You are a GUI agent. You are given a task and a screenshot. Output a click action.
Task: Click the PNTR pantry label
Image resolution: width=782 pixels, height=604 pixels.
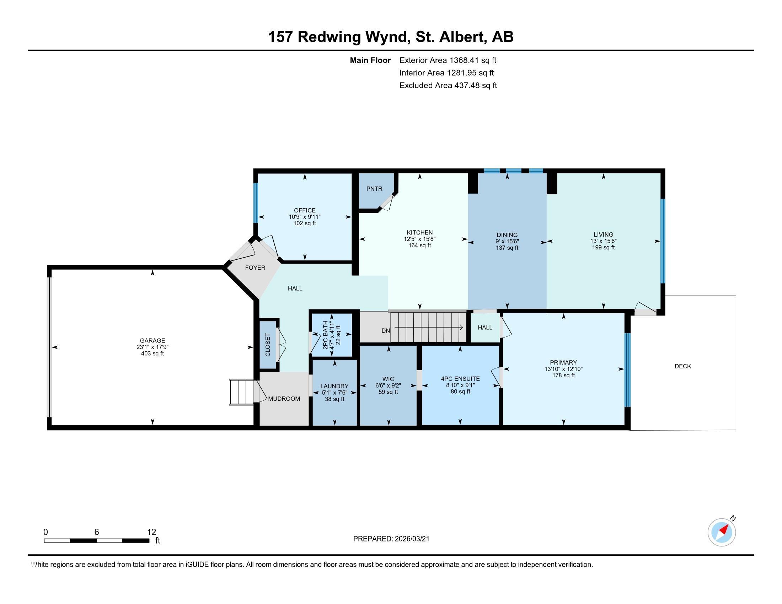374,189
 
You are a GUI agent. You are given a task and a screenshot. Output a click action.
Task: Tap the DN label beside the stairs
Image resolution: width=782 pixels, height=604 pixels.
385,331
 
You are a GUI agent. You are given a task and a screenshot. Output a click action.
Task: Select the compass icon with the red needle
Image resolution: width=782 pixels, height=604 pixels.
722,532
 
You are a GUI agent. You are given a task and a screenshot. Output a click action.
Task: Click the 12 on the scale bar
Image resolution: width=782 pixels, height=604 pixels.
151,532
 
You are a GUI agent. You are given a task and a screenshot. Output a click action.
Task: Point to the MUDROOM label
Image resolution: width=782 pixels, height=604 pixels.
284,399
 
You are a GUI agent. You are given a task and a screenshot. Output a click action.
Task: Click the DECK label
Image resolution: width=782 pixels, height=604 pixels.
682,366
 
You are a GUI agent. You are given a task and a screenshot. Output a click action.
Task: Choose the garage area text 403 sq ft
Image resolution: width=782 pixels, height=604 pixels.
152,354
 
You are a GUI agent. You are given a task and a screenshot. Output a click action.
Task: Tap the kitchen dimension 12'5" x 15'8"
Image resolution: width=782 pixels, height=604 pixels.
420,239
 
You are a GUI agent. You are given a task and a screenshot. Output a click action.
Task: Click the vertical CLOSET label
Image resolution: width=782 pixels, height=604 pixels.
268,345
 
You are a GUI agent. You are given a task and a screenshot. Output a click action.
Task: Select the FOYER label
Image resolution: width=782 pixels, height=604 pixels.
255,268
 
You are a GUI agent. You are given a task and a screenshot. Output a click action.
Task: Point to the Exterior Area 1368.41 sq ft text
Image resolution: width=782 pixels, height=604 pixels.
448,60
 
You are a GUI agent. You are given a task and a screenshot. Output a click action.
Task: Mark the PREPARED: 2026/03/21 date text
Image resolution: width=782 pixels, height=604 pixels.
391,539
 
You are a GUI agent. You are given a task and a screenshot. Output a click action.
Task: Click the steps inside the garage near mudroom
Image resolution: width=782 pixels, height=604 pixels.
242,392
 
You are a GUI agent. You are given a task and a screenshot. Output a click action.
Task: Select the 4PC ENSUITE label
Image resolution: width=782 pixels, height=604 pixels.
460,379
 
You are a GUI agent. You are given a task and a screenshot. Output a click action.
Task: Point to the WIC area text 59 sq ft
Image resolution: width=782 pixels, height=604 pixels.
388,392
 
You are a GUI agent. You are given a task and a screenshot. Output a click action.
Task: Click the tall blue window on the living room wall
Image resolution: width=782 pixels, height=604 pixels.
663,241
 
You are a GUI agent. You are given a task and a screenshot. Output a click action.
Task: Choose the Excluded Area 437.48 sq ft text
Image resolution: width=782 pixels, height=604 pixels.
448,85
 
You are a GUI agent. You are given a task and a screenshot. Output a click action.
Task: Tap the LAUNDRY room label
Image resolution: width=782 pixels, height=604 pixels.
334,386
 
